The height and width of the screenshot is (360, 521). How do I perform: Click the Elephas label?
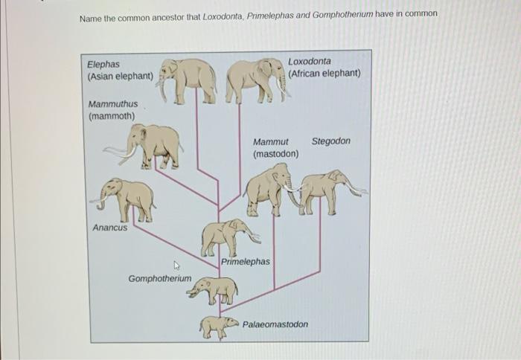point(103,65)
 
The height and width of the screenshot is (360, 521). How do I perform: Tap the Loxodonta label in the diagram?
point(310,61)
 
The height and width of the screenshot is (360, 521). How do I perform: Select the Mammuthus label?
point(113,104)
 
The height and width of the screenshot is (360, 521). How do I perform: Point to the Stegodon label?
point(330,141)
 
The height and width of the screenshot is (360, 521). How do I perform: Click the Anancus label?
point(109,228)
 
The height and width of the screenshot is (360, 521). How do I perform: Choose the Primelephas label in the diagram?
point(246,262)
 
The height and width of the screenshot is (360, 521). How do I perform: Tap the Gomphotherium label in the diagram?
point(159,279)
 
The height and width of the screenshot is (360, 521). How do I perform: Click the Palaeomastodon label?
point(275,325)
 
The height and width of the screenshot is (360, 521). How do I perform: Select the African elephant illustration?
point(255,79)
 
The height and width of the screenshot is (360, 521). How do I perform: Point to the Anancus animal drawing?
point(124,199)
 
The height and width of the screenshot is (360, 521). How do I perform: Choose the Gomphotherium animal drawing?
point(214,289)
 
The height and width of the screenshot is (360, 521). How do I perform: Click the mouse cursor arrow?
point(177,266)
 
